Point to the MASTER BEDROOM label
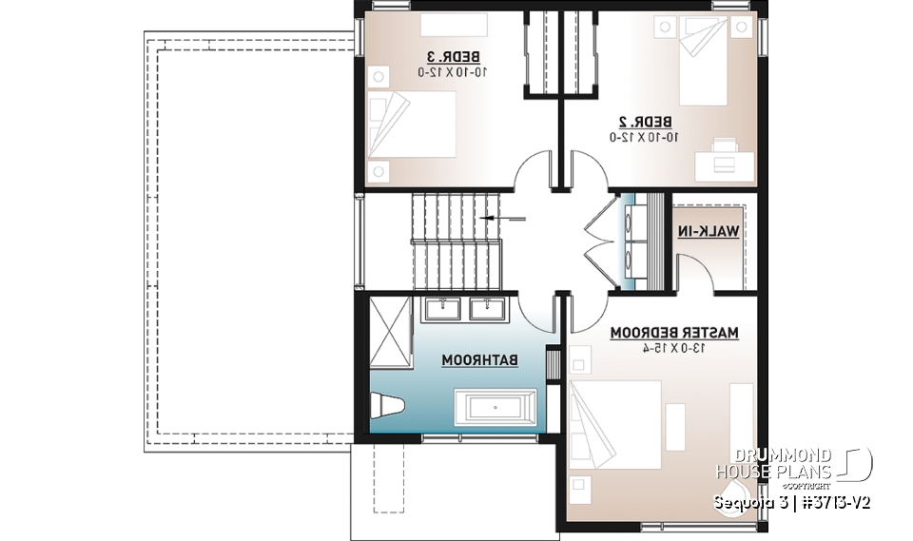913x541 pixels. [x=674, y=333]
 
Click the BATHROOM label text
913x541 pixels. [x=480, y=360]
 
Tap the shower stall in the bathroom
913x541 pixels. [x=390, y=330]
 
